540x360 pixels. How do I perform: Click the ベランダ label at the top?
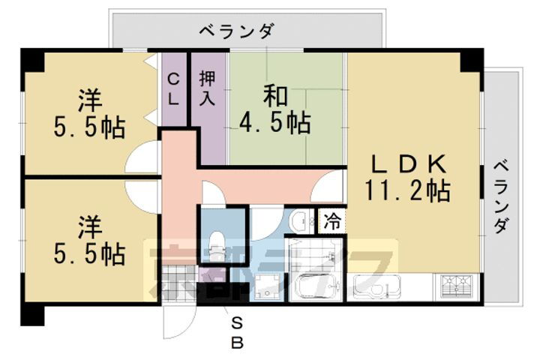[x=236, y=31]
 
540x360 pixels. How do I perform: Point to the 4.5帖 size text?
[x=274, y=121]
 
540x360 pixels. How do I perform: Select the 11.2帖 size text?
[x=408, y=191]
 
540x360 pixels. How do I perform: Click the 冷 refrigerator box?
[x=330, y=221]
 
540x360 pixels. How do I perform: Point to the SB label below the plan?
[x=237, y=334]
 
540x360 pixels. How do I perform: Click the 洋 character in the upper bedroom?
[x=89, y=100]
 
